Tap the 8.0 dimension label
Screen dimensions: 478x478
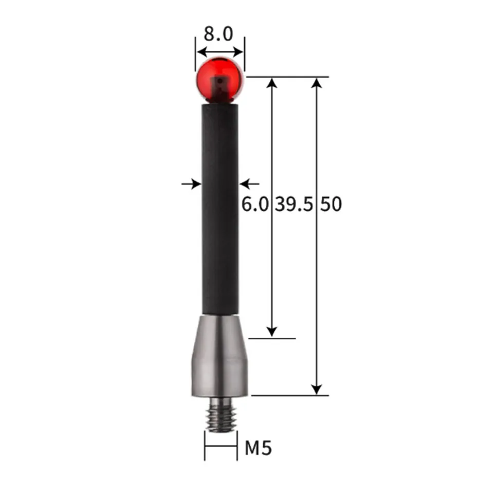tap(218, 34)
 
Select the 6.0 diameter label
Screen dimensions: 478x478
tap(255, 204)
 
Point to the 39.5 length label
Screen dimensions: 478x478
tap(293, 204)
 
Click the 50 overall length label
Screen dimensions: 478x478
tap(331, 204)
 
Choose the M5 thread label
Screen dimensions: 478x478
tap(258, 448)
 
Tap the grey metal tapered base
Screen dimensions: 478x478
tap(220, 357)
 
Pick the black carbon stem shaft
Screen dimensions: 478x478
tap(220, 206)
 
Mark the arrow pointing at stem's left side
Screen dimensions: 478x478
tap(191, 183)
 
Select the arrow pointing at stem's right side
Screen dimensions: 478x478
tap(250, 183)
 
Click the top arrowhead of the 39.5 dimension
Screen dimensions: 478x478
tap(272, 83)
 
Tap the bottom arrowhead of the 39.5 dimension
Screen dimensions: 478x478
tap(272, 332)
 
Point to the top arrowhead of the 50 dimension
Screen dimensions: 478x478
tap(317, 83)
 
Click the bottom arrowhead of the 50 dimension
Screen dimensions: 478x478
tap(317, 389)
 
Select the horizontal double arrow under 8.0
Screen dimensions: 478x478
tap(220, 51)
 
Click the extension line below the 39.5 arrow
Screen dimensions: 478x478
tap(272, 339)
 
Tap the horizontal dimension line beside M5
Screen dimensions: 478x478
tap(220, 446)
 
